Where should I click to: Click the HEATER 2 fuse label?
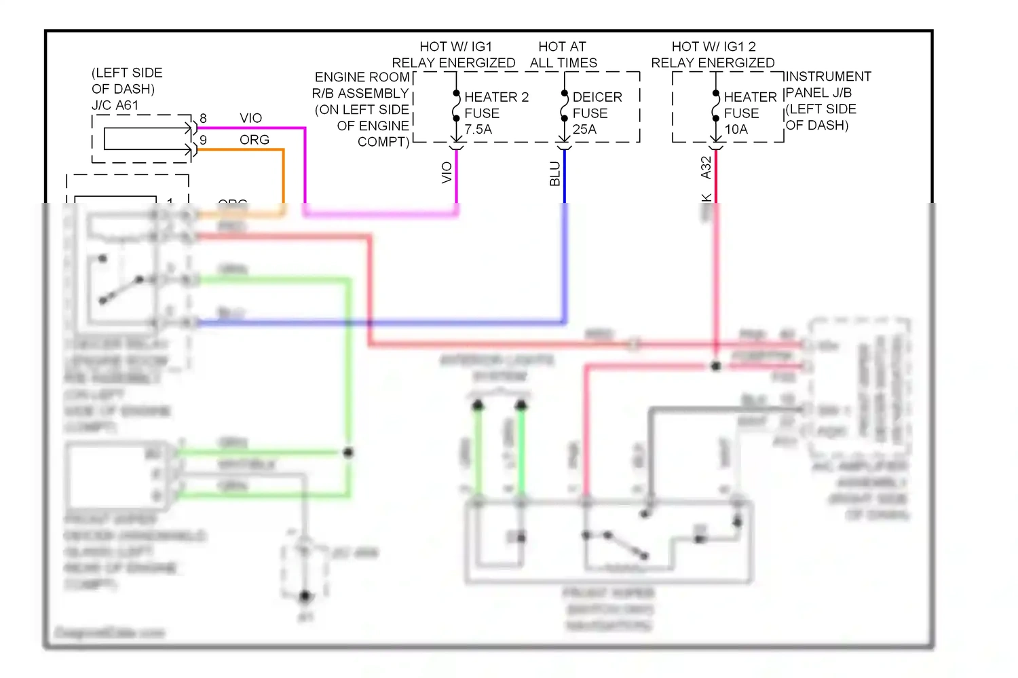495,97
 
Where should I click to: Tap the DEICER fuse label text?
597,97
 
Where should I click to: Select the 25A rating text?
584,130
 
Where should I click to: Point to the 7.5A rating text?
478,130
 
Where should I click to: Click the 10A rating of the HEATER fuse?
736,130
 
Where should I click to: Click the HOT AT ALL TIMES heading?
563,55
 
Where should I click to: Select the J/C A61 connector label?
115,105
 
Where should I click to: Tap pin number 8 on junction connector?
203,118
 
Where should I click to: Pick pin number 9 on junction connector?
203,140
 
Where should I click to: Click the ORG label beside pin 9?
254,140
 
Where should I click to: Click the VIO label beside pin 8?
250,118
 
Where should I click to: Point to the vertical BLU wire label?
555,174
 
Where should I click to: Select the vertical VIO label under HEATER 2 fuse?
447,172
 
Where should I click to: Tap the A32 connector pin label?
706,168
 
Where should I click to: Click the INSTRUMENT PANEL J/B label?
827,85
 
